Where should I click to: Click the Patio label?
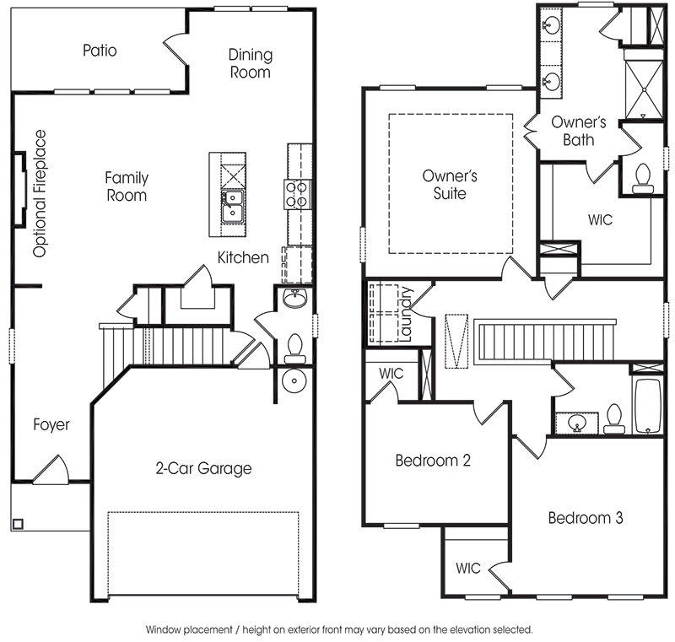click(100, 51)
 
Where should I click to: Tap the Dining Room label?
click(250, 63)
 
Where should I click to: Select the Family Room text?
click(127, 186)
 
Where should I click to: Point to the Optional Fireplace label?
click(40, 194)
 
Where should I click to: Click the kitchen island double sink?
click(232, 206)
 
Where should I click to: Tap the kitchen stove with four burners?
click(297, 195)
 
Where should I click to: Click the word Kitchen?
click(243, 258)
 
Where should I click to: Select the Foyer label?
click(51, 424)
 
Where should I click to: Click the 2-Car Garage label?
click(203, 468)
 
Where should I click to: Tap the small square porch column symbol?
click(18, 524)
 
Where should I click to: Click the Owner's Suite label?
click(450, 185)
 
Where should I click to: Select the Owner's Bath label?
click(579, 131)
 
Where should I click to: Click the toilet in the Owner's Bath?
click(643, 178)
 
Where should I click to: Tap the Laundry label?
click(406, 314)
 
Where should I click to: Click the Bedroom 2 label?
click(433, 461)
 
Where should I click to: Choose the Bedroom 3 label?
click(586, 518)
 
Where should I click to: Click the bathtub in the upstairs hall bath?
click(647, 405)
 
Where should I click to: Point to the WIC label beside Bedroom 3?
click(468, 568)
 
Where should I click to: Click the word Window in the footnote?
click(164, 629)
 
